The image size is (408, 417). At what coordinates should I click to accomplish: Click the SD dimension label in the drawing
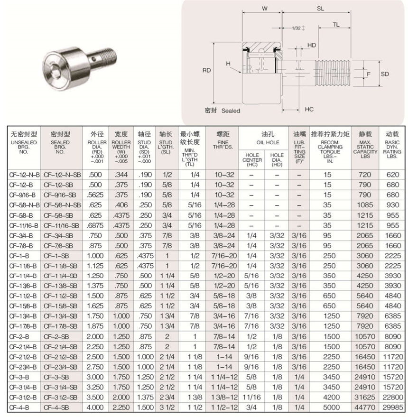click(385, 74)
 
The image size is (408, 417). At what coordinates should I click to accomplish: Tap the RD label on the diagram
click(206, 70)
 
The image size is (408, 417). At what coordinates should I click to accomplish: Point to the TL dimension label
click(336, 25)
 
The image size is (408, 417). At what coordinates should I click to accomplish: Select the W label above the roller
click(265, 8)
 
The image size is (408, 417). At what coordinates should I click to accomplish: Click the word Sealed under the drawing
click(231, 111)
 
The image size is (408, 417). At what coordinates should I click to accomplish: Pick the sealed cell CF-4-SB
click(62, 407)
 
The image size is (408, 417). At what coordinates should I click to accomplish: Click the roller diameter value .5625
click(95, 194)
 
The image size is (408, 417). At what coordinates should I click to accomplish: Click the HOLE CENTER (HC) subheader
click(252, 158)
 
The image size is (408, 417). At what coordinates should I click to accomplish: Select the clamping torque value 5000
click(331, 407)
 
